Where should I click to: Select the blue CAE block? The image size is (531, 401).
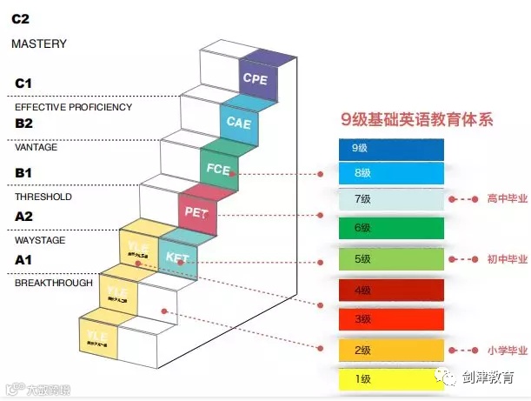coord(240,123)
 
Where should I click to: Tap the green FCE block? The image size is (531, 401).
coord(220,170)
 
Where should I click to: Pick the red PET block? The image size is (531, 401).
coord(198,211)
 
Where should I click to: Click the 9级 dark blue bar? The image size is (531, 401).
coord(392,148)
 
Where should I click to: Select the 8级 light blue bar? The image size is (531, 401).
coord(392,172)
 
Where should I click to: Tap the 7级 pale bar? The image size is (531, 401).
coord(392,199)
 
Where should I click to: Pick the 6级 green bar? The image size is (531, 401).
coord(392,228)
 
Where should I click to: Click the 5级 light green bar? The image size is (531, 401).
coord(392,258)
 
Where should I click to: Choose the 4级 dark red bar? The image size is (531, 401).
coord(392,289)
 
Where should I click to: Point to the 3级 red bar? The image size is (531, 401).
coord(392,318)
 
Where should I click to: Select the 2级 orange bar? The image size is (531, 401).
coord(392,350)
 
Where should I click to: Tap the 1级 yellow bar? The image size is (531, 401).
coord(392,379)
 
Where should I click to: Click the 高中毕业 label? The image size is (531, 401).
coord(508,199)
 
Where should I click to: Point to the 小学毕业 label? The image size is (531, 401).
coord(508,351)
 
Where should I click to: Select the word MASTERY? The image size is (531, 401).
coord(38,43)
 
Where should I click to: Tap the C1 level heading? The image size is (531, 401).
coord(23,84)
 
